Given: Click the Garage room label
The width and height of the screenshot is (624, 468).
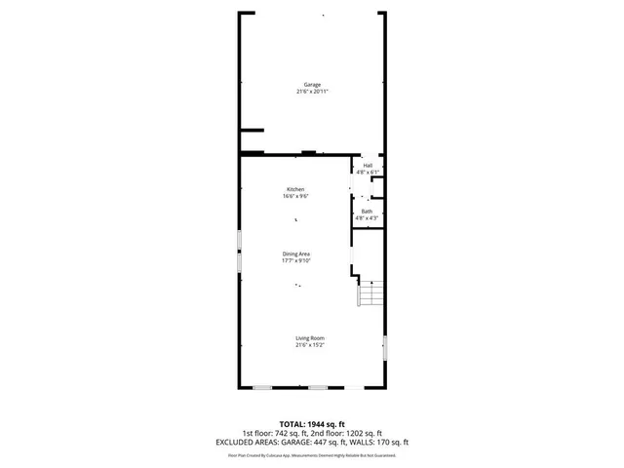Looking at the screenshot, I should tap(312, 85).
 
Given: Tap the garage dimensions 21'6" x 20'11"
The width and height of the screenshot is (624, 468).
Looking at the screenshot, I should tap(312, 92).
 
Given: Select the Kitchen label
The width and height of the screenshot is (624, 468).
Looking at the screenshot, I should tap(295, 189).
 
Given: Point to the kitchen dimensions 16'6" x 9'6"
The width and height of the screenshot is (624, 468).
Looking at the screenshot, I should tap(295, 196).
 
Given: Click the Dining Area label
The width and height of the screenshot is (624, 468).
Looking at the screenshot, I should tap(296, 253).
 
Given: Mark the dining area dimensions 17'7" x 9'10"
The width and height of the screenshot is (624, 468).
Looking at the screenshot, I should tap(296, 260).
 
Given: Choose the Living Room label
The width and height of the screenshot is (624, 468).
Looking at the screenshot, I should tap(310, 338).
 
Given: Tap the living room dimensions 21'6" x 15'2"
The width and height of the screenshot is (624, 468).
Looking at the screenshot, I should tap(310, 345).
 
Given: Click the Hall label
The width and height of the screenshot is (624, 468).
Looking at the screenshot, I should tap(368, 166).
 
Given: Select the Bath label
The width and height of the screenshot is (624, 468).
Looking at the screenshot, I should tap(367, 212).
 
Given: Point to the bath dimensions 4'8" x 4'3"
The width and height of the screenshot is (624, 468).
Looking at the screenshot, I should tap(367, 218).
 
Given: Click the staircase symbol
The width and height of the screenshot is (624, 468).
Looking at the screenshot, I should tap(372, 293).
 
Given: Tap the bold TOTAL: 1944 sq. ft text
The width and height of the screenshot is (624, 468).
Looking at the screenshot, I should tap(311, 425).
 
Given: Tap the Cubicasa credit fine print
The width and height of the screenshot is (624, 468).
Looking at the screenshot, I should tap(312, 455).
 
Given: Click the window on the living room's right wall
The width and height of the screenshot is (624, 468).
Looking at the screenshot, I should tap(385, 348).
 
